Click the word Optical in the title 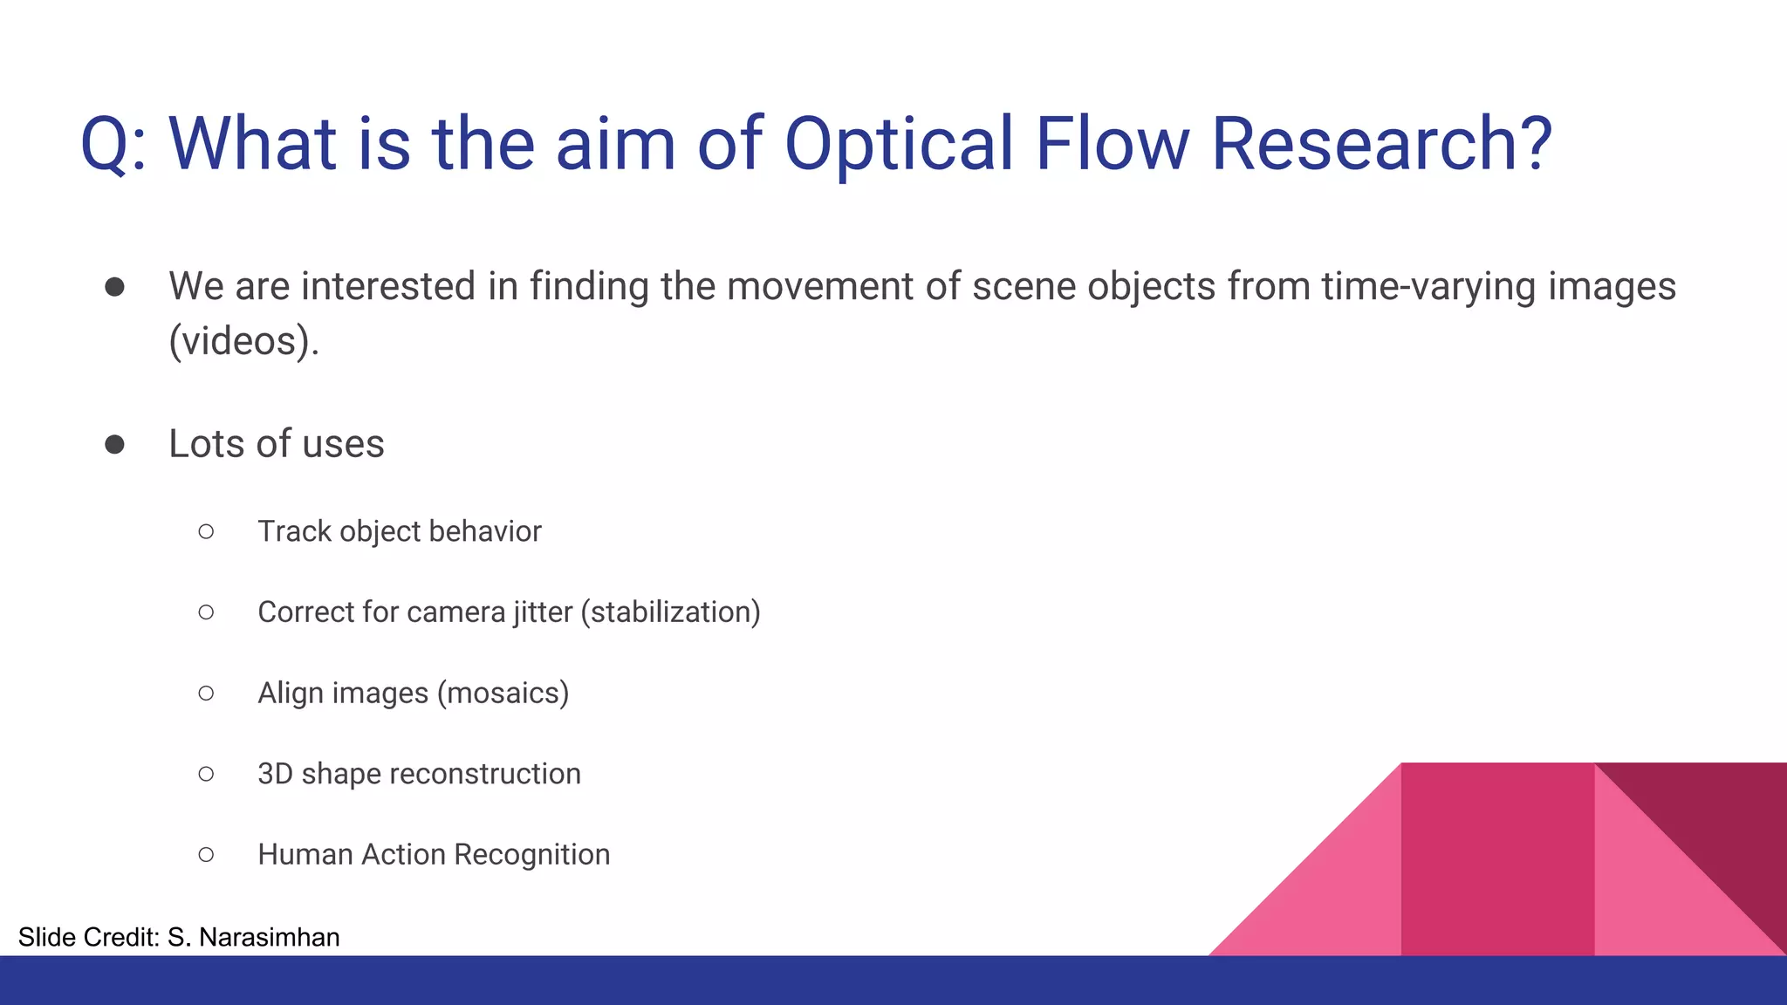pos(899,145)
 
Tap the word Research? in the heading pos(1381,143)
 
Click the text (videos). pos(243,341)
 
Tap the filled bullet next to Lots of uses pos(114,445)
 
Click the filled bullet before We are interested pos(114,287)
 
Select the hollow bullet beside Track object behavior pos(206,531)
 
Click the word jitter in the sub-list pos(543,612)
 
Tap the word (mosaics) pos(503,694)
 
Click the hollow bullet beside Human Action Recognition pos(206,855)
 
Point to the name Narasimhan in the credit pos(269,937)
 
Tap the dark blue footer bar pos(893,981)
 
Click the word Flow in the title pos(1112,143)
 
